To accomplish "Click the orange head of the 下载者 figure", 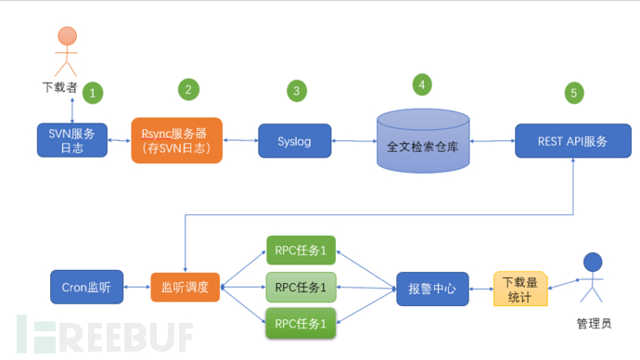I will [x=68, y=37].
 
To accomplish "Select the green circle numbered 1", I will [x=93, y=93].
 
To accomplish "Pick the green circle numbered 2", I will [x=187, y=89].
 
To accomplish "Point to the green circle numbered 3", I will [x=296, y=91].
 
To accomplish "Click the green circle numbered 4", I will [x=422, y=84].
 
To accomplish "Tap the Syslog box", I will [x=296, y=141].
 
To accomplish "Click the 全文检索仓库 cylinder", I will [x=422, y=143].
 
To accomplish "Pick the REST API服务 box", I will [x=572, y=141].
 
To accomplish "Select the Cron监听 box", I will [x=85, y=288].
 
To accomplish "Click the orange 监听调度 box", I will [x=185, y=288].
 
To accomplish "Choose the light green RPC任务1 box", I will [x=301, y=288].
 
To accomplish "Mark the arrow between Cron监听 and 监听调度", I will [x=135, y=288].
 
